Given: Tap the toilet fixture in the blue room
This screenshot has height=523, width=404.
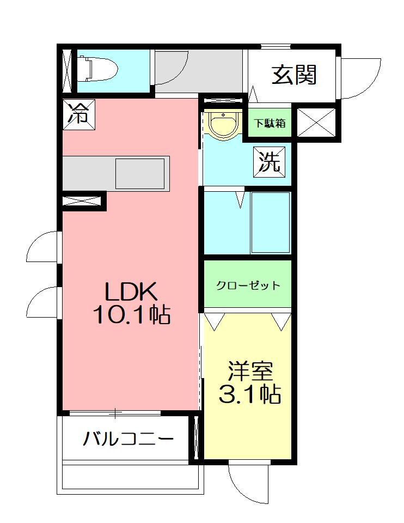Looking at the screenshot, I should coord(97,69).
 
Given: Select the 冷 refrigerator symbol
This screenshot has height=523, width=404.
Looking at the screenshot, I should coord(79,115).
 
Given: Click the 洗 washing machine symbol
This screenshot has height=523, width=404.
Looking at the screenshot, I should coord(270,162).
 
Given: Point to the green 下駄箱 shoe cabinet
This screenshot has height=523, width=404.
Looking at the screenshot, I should coord(271,123).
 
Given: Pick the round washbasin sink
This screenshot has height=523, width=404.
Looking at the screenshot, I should coord(224,125).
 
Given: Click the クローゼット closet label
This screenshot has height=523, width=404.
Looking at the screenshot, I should coord(248,285).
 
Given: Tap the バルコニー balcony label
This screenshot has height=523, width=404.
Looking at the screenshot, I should coord(128,439).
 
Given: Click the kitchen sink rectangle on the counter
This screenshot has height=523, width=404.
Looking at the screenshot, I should coord(139,174).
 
